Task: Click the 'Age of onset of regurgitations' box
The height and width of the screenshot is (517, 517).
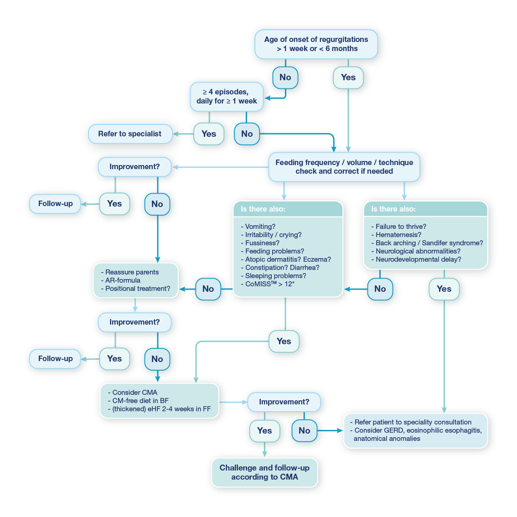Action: pos(316,44)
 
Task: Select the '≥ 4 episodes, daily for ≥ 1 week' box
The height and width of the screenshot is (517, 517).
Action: pos(227,97)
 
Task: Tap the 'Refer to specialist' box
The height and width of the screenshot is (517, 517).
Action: pos(130,134)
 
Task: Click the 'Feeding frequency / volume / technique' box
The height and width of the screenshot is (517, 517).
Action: pos(344,167)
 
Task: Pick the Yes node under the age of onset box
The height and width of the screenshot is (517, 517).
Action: pos(348,78)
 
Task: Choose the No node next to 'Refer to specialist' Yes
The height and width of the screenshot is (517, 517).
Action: pos(247,134)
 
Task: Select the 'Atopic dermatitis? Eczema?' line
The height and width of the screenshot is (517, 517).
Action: pos(288,259)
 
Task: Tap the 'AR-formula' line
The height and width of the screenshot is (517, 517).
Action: pos(123,280)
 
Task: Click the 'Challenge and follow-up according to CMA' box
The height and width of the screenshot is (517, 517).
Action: pos(264,472)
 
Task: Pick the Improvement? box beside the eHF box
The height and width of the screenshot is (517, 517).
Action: pos(284,402)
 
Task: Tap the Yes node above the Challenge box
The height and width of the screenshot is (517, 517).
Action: pos(264,431)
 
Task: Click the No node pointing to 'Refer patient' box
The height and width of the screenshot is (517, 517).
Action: pos(304,431)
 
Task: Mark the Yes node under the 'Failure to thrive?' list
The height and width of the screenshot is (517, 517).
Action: pos(444,289)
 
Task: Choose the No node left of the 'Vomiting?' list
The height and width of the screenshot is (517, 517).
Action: pos(208,289)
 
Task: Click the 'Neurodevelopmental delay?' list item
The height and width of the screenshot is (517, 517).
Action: pos(418,259)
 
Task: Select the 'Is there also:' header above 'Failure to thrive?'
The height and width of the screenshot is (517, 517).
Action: pos(393,209)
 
